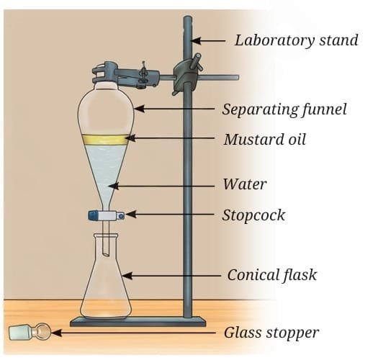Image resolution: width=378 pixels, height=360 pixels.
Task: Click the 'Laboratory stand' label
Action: (x=296, y=40)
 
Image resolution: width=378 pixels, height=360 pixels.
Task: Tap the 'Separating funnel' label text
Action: (x=284, y=109)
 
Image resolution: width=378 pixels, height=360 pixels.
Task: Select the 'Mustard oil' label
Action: (x=265, y=140)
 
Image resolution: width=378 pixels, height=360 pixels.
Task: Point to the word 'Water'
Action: (x=245, y=184)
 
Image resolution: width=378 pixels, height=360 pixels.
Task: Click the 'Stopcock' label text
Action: (x=253, y=215)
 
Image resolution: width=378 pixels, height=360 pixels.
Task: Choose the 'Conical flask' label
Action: (x=271, y=274)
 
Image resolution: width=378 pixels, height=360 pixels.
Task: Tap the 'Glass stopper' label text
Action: (x=271, y=333)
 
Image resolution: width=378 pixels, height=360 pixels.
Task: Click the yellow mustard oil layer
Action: (x=106, y=140)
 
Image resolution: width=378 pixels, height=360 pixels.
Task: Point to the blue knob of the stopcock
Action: (x=92, y=215)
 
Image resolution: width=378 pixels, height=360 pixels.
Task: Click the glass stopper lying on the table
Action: (x=30, y=333)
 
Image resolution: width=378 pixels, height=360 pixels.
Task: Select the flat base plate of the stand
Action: (x=138, y=322)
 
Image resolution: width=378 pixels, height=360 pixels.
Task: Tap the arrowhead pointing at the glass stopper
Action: (x=56, y=333)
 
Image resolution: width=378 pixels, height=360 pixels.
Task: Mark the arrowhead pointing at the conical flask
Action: (x=127, y=275)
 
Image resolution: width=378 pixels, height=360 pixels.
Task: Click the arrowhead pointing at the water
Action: (x=113, y=186)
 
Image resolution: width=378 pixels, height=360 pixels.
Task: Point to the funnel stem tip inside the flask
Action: (x=106, y=253)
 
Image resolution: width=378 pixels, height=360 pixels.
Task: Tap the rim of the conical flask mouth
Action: (x=106, y=235)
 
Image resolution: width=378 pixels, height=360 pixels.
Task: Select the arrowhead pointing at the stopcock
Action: (x=130, y=215)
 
